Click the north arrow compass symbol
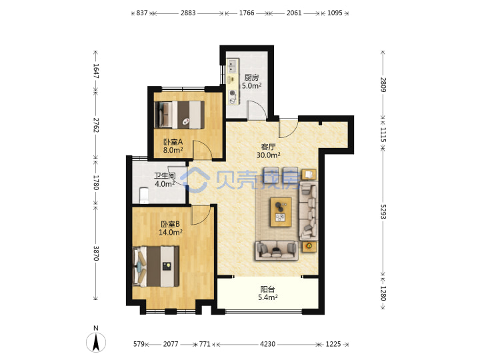click(96, 342)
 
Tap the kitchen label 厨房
click(251, 78)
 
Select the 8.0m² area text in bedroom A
click(173, 150)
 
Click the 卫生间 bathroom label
click(165, 176)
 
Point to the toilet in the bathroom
click(144, 195)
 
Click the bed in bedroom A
click(179, 115)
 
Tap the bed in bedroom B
click(155, 266)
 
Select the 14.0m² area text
click(171, 233)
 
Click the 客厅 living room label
click(268, 147)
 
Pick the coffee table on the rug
click(281, 212)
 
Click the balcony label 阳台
click(267, 289)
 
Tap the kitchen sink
click(233, 66)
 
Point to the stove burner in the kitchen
click(233, 93)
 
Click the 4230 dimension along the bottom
click(267, 344)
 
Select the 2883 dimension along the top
click(188, 13)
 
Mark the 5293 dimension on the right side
click(383, 211)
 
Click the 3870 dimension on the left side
click(96, 253)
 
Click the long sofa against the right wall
click(308, 211)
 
